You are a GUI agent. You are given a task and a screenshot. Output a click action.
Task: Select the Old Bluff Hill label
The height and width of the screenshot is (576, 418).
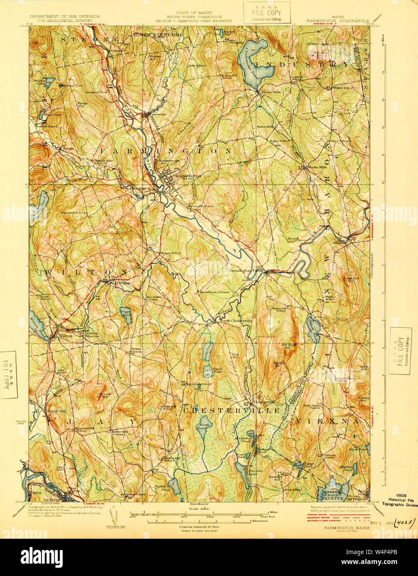pyautogui.click(x=288, y=346)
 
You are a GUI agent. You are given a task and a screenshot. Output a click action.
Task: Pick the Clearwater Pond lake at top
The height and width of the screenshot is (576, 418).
pyautogui.click(x=252, y=62)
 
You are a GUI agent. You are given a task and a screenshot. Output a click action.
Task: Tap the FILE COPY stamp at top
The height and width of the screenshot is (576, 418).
pyautogui.click(x=266, y=12)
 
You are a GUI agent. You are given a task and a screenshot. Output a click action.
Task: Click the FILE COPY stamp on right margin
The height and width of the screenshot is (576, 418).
pyautogui.click(x=400, y=351)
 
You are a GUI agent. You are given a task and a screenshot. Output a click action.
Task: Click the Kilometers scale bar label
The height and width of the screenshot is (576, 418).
pyautogui.click(x=258, y=521)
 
